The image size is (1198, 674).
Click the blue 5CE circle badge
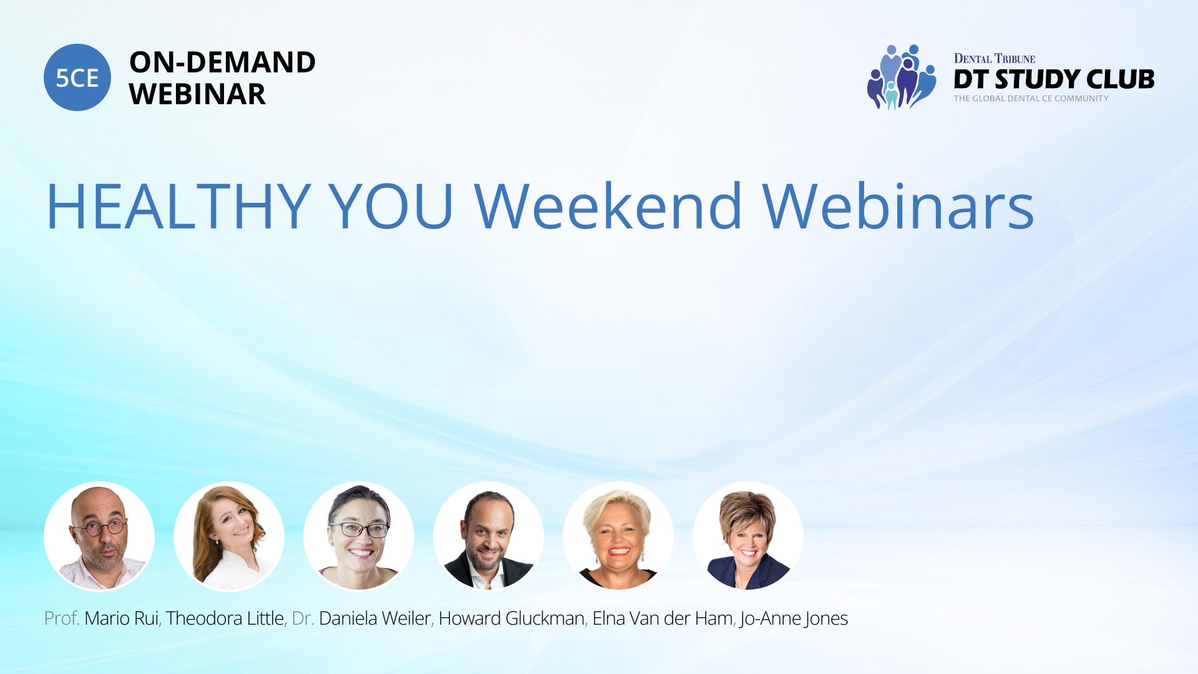tap(77, 77)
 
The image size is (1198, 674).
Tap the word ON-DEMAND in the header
tap(222, 62)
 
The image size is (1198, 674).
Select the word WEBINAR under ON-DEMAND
tap(197, 94)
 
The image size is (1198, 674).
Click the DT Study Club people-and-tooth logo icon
tap(901, 77)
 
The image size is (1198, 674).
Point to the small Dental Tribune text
tap(994, 59)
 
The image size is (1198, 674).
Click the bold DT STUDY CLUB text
tap(1054, 79)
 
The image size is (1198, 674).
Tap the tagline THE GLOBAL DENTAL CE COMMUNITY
tap(1031, 99)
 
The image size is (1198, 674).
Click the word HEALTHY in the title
tap(178, 207)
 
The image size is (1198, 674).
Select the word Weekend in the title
tap(608, 207)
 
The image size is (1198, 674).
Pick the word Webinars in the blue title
tap(898, 207)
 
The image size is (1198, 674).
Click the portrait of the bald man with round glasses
tap(99, 537)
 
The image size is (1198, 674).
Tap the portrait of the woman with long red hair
tap(229, 537)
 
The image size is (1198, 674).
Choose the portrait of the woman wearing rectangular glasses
tap(359, 537)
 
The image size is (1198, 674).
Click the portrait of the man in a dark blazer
tap(489, 537)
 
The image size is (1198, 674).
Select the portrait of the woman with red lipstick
tap(618, 537)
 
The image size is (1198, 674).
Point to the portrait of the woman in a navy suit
tap(748, 537)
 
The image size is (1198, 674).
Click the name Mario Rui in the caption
tap(121, 618)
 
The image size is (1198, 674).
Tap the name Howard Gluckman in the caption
tap(512, 618)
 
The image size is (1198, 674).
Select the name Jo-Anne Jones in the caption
tap(794, 619)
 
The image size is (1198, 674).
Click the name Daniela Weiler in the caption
tap(374, 618)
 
